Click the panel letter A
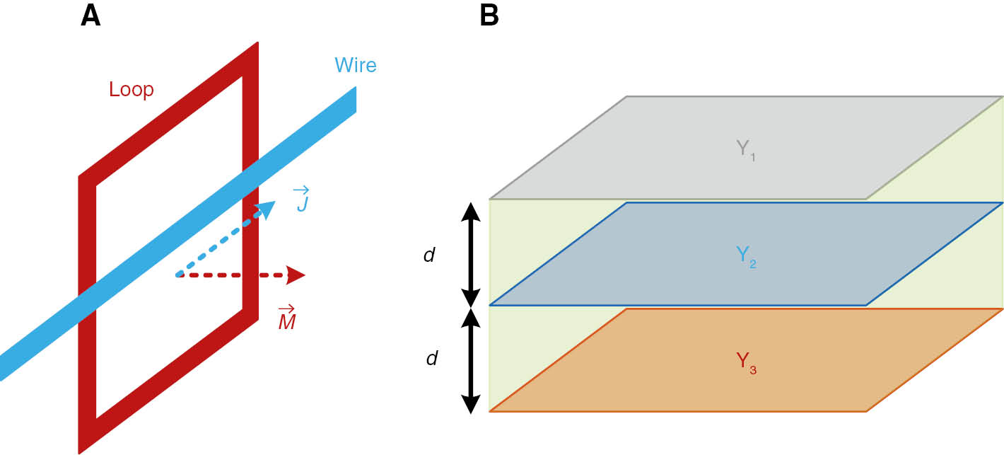tap(91, 16)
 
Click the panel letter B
tap(489, 16)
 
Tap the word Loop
tap(132, 90)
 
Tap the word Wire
tap(356, 66)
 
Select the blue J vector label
tap(300, 200)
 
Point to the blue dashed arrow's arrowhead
tap(267, 209)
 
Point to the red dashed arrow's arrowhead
tap(296, 275)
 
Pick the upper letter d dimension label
tap(429, 255)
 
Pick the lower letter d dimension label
tap(432, 359)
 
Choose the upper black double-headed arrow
tap(471, 253)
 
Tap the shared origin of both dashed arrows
tap(177, 275)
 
